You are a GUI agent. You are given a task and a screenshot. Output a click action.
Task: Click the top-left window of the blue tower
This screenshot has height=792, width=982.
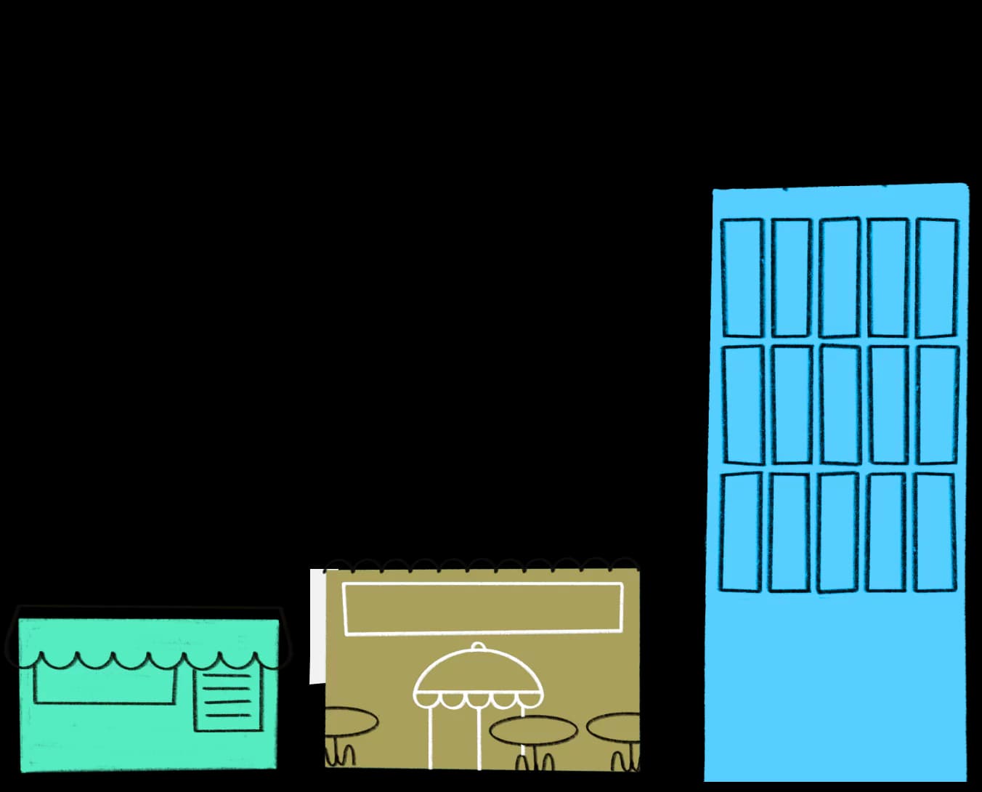[x=742, y=278]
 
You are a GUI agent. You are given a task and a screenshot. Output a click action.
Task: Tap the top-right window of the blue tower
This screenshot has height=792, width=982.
[x=937, y=278]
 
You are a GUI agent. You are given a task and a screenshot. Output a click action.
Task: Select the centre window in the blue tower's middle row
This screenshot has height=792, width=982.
[x=840, y=405]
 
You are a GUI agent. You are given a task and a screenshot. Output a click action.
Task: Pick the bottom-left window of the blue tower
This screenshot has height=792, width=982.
[x=741, y=533]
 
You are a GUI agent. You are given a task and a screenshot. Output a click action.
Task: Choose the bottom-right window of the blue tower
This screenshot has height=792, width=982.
[x=935, y=533]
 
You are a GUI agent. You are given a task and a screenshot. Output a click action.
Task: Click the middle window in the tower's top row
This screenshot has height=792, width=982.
[x=840, y=278]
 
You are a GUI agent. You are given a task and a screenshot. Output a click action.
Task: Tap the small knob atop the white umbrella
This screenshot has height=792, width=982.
[x=478, y=647]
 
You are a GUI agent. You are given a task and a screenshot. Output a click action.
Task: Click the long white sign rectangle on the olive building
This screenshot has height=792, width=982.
[x=482, y=608]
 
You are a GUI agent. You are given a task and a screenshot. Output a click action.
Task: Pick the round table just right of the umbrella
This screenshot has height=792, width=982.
[x=534, y=730]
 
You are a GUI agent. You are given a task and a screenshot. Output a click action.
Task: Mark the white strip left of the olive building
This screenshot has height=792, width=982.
[x=317, y=626]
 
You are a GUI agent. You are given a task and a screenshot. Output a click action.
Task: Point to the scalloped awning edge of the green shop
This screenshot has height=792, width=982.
[x=149, y=660]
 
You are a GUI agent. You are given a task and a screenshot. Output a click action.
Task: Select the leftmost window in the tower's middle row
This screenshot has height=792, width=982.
[x=743, y=405]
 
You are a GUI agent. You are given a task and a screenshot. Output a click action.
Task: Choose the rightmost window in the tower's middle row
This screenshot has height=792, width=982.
[x=938, y=405]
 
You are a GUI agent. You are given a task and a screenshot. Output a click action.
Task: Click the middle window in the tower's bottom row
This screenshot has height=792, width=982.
[x=837, y=533]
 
